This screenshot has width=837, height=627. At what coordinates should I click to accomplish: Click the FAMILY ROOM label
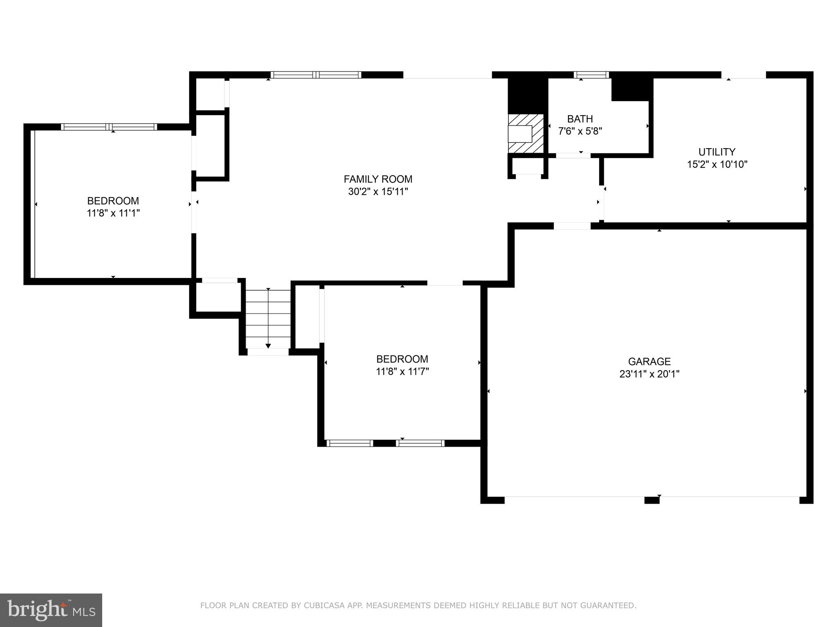[378, 179]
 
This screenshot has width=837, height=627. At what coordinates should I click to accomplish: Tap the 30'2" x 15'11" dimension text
[378, 191]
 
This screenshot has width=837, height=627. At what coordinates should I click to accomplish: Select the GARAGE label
[649, 361]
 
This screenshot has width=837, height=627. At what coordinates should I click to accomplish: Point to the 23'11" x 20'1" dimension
[649, 374]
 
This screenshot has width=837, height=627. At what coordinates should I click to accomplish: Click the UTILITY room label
[716, 152]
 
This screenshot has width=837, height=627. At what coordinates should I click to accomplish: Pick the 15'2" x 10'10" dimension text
[716, 165]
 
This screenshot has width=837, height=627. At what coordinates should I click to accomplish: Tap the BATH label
[580, 119]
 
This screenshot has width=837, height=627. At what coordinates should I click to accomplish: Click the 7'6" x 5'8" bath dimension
[580, 131]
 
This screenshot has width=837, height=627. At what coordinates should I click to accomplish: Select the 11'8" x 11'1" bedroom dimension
[113, 213]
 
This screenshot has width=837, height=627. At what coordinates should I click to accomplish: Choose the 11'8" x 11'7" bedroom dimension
[402, 371]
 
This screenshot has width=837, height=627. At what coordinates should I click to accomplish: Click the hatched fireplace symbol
[526, 133]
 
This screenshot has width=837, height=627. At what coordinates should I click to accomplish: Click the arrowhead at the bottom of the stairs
[268, 346]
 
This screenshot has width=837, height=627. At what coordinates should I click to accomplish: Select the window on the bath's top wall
[591, 75]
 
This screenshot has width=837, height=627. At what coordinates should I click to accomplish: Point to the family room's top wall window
[316, 75]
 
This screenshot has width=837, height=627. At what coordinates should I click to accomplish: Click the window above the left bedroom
[109, 127]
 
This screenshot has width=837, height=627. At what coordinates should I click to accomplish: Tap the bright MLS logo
[51, 610]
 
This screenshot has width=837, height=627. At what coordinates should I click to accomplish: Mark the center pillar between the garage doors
[651, 500]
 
